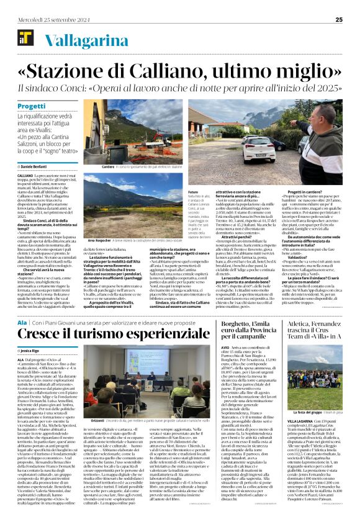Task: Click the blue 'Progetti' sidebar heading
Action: click(31, 107)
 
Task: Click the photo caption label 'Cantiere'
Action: click(108, 168)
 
